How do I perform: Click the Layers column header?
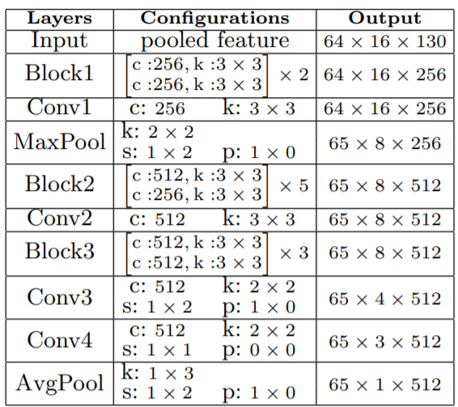click(60, 19)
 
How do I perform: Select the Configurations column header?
click(215, 19)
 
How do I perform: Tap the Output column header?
click(385, 19)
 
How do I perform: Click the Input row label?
click(59, 40)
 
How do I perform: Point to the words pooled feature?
click(215, 40)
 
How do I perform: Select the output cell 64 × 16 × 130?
click(385, 41)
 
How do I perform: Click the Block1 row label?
click(59, 73)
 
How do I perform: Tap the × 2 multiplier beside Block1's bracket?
click(294, 74)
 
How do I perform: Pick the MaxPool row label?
click(60, 142)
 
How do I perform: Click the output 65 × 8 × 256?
click(385, 143)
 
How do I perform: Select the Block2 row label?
click(60, 184)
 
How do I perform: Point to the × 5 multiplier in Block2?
click(294, 186)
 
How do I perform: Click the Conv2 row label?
click(60, 218)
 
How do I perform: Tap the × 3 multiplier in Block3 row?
click(294, 252)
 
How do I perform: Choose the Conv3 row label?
click(60, 297)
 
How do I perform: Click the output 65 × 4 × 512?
click(385, 299)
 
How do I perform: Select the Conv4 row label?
click(60, 340)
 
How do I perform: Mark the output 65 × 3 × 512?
click(385, 341)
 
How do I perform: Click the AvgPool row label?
click(60, 383)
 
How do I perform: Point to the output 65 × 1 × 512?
click(385, 385)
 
